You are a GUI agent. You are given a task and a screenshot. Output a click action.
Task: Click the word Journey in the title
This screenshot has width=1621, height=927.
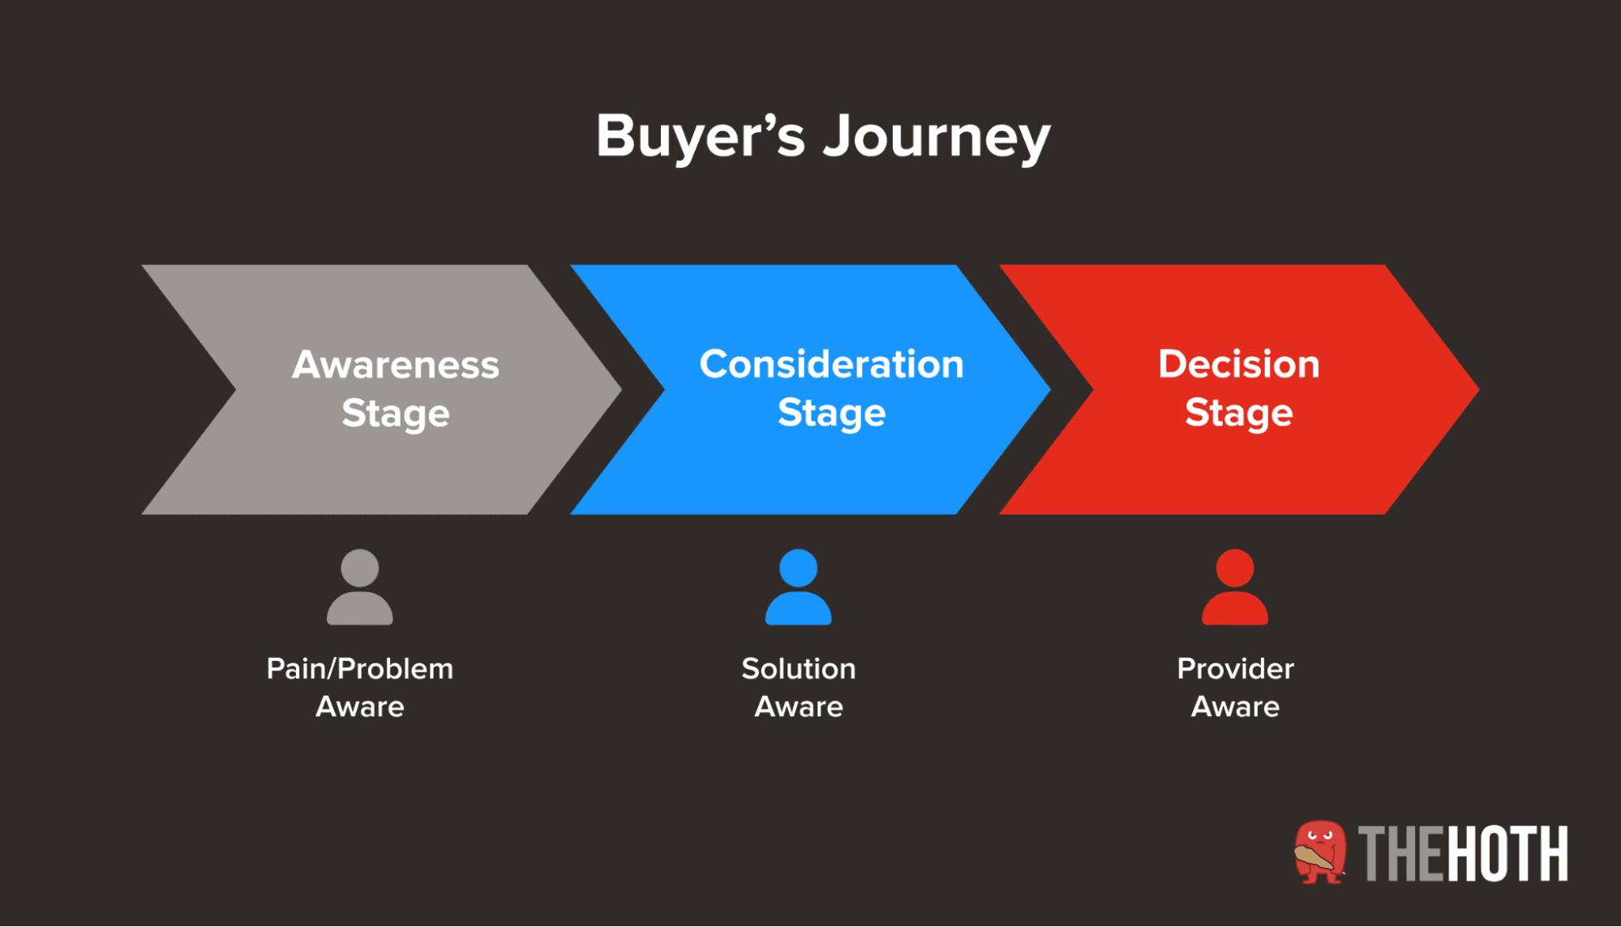point(937,138)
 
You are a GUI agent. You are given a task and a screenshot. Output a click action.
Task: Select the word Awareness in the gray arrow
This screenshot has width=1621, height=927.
point(396,364)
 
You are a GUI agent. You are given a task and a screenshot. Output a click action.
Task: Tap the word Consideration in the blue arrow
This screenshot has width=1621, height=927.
point(831,364)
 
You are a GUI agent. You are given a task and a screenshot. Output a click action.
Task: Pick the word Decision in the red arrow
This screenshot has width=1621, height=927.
point(1238,364)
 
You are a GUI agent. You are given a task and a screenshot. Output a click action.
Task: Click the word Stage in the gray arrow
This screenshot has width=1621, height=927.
point(396,414)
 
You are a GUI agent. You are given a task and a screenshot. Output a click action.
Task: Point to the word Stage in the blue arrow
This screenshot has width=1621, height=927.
point(831,414)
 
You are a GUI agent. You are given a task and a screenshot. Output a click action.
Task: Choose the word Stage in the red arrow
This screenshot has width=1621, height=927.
point(1238,414)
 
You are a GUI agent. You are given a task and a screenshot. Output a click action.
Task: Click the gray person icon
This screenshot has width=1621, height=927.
point(359,587)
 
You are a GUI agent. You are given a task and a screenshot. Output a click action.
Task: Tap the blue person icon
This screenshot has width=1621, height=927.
point(798,587)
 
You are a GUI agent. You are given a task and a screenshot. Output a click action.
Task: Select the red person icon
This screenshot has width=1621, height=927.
point(1234,587)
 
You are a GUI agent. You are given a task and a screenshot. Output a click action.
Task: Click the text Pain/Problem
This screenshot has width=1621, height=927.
point(359,669)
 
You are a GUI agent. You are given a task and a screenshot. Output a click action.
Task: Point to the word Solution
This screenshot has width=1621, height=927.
point(798,669)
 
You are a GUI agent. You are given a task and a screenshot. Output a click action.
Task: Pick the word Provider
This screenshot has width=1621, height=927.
point(1235,669)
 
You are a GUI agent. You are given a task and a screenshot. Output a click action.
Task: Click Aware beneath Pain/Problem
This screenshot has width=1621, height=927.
point(359,707)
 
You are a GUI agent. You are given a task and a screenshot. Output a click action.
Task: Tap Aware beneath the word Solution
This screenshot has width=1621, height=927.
point(798,707)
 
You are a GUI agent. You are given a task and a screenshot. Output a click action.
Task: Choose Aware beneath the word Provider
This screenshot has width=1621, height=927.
point(1235,707)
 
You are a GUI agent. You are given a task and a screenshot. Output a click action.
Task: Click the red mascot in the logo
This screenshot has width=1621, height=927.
point(1319,852)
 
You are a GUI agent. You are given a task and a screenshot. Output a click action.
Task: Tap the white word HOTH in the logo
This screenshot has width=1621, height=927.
point(1507,853)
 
